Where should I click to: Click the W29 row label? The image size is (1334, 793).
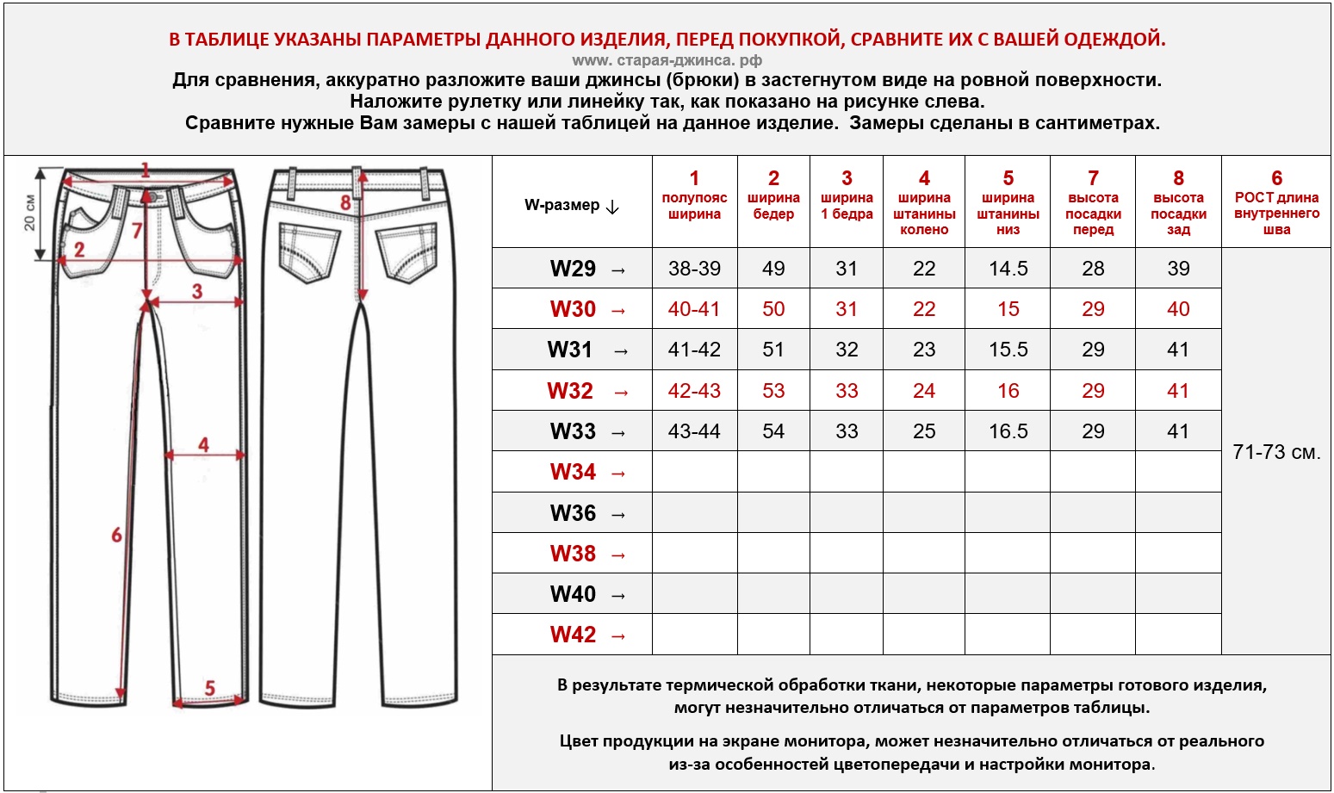click(x=573, y=269)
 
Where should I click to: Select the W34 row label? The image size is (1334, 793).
click(x=573, y=472)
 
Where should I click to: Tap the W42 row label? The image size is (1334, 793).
click(x=573, y=635)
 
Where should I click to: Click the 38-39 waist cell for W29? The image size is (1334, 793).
click(x=694, y=269)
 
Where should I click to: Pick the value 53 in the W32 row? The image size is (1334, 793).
click(x=773, y=391)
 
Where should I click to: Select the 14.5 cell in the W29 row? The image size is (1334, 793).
click(x=1008, y=269)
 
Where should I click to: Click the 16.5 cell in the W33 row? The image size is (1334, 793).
click(x=1008, y=431)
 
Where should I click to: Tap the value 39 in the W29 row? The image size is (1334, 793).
click(x=1178, y=269)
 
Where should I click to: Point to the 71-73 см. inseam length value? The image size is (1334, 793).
click(x=1276, y=452)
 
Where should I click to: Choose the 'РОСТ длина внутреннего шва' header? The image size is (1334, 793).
click(x=1276, y=203)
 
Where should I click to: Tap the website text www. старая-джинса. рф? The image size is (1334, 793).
click(x=667, y=60)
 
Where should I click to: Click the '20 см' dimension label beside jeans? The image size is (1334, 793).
click(x=30, y=212)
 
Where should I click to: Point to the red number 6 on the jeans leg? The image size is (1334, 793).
click(x=116, y=535)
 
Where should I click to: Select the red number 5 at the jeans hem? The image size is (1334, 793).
click(x=209, y=687)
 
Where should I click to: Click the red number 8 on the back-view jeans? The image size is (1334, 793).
click(x=345, y=202)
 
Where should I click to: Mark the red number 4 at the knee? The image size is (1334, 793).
click(x=203, y=444)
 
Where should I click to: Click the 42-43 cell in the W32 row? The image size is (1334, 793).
click(x=694, y=391)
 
